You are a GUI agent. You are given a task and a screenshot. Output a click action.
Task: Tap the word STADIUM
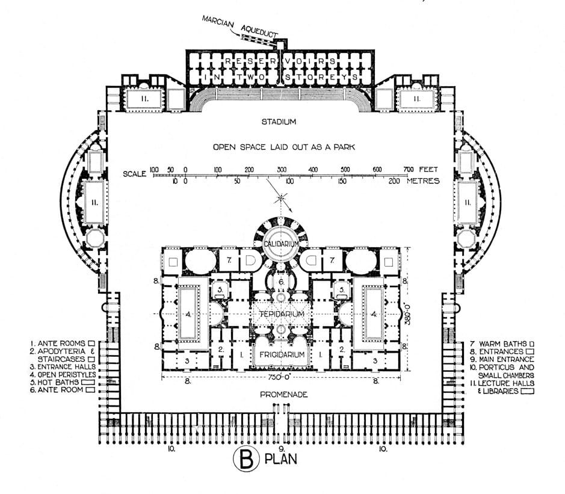click(x=279, y=122)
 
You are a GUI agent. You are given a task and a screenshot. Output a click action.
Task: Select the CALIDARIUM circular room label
click(x=279, y=243)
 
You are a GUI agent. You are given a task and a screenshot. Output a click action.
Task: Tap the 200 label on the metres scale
click(x=395, y=181)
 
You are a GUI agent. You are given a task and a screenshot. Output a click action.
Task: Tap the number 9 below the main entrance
click(x=281, y=448)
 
